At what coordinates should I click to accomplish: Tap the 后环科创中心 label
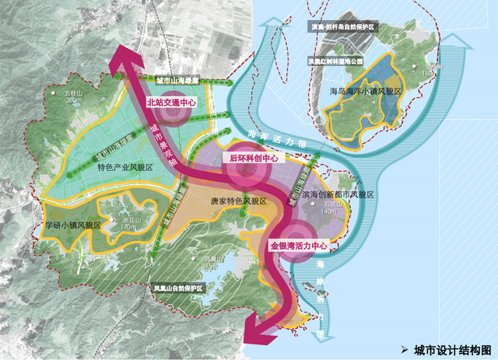point(252,157)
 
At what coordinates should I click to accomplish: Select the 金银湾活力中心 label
point(300,245)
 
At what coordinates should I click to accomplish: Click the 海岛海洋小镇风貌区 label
point(365,92)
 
